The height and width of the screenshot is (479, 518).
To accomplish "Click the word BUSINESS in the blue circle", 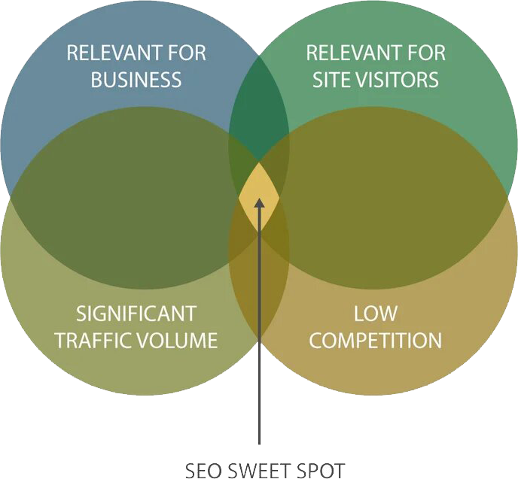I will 136,79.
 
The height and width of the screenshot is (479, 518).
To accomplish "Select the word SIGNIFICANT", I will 136,314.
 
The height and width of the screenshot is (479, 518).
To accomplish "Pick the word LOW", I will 376,314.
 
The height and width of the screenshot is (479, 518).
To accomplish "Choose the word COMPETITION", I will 376,340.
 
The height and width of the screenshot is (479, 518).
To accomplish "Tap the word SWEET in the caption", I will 260,471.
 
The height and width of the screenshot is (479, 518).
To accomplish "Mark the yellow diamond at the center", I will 259,188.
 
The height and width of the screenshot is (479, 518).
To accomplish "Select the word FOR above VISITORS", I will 424,54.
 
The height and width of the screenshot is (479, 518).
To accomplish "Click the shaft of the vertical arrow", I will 259,338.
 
